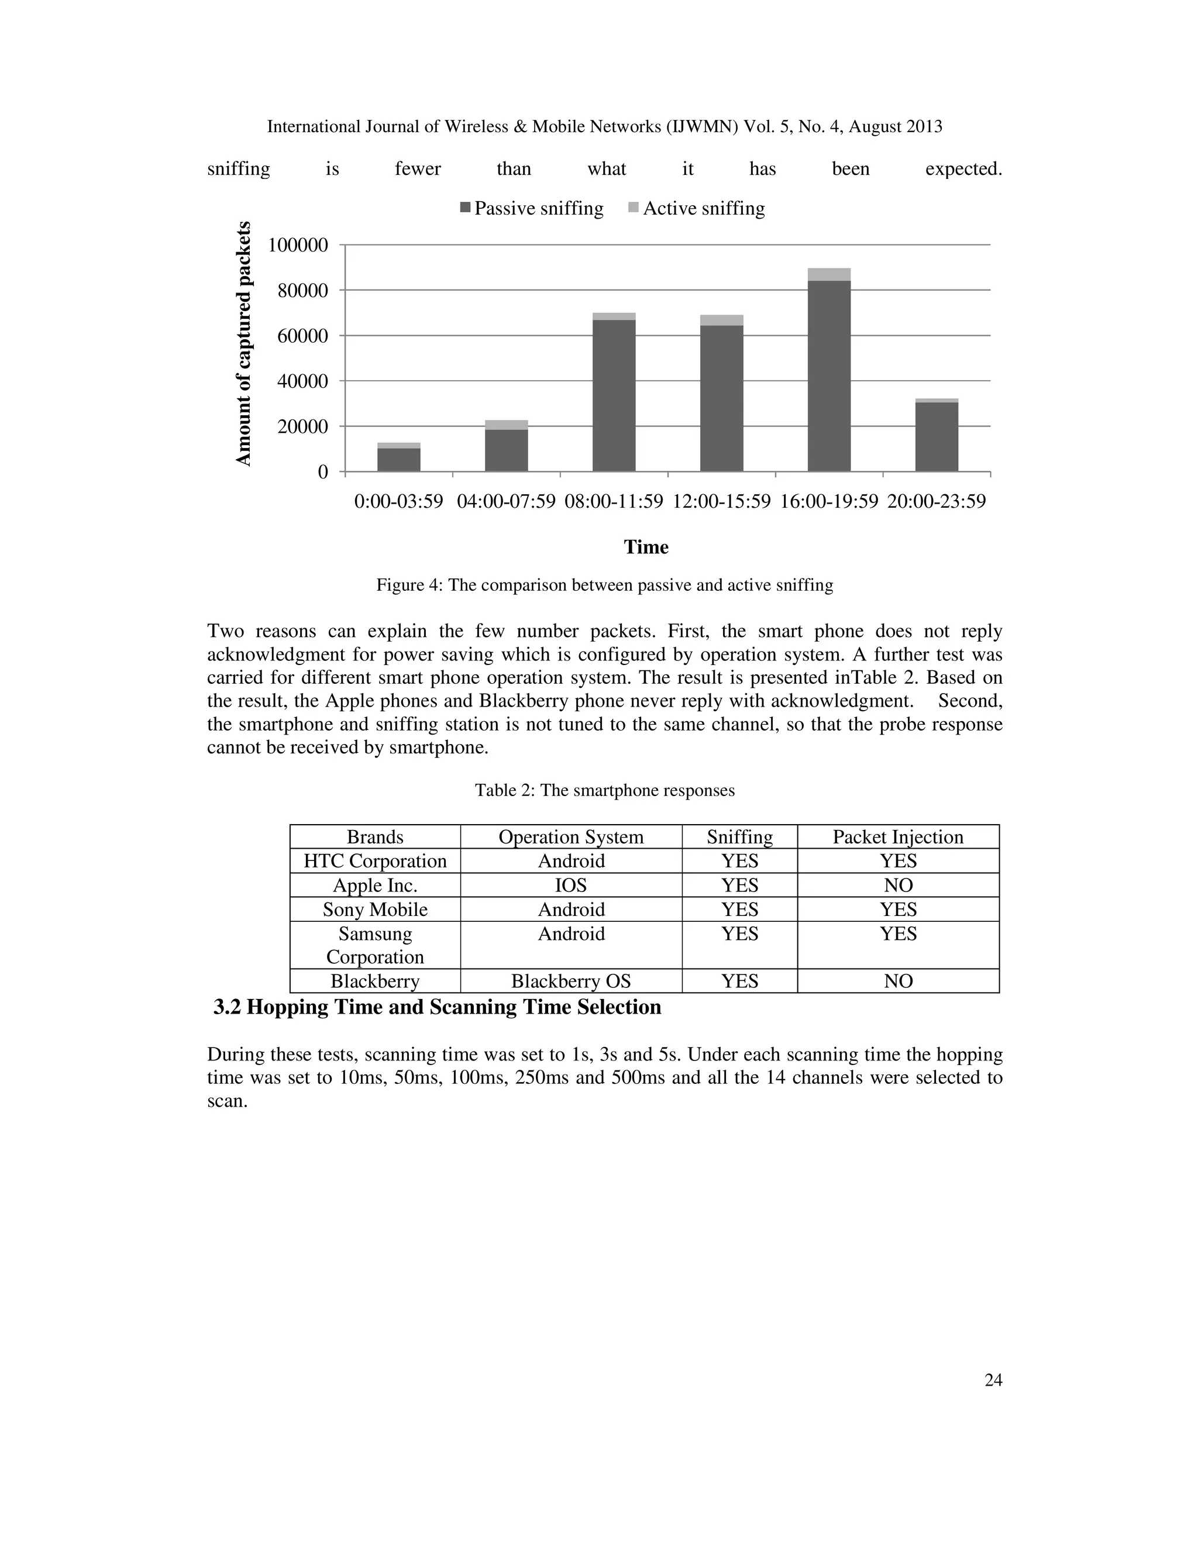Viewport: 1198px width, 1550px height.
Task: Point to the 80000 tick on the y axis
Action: tap(298, 291)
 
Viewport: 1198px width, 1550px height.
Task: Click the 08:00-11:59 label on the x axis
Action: tap(614, 502)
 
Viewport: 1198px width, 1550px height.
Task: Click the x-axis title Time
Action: tap(646, 547)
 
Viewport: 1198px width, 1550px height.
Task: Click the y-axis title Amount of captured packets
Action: tap(243, 344)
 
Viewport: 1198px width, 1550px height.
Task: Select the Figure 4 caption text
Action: tap(604, 585)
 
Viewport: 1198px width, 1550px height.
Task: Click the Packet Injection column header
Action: tap(898, 837)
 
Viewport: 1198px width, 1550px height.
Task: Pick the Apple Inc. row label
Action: tap(375, 885)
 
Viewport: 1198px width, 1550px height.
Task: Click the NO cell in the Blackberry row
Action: tap(898, 981)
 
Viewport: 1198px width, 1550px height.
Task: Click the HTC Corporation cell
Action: tap(375, 861)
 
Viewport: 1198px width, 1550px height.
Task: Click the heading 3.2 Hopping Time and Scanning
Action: tap(437, 1007)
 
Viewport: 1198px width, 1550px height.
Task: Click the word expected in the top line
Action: tap(963, 169)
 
